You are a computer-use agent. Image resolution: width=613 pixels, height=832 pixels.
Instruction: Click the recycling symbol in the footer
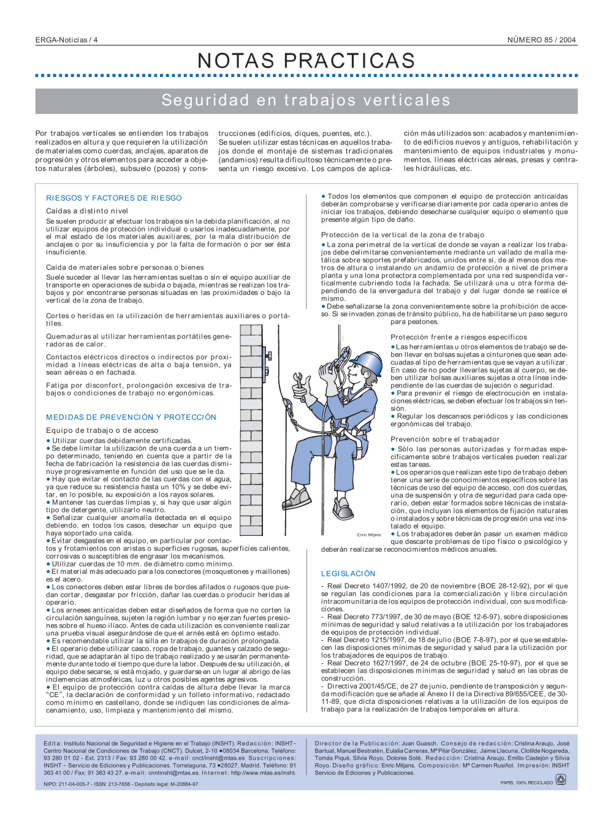click(560, 779)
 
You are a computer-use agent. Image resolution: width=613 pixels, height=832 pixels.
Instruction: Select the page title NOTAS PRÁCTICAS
click(306, 61)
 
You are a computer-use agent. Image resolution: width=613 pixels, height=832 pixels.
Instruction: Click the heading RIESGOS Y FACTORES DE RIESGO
click(114, 198)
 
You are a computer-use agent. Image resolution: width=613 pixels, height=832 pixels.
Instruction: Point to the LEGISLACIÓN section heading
click(348, 573)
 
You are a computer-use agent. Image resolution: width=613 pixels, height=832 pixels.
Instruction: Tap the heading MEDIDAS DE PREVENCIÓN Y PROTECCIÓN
click(131, 417)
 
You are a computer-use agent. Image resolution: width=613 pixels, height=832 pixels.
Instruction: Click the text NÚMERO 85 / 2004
click(541, 40)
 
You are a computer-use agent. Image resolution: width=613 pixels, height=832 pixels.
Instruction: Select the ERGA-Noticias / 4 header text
click(66, 40)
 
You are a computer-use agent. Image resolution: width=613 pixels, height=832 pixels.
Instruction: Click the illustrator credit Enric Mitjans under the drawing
click(369, 535)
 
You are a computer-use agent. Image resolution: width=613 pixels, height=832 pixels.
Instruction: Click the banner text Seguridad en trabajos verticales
click(306, 101)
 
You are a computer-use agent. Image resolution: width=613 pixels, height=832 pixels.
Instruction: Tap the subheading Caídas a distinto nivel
click(87, 211)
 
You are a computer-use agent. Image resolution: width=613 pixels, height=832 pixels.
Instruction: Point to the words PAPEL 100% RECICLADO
click(527, 782)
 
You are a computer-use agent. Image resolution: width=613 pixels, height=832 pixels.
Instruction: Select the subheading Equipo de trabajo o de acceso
click(102, 430)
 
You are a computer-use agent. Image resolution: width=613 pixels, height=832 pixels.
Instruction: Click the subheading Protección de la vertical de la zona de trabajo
click(403, 235)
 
